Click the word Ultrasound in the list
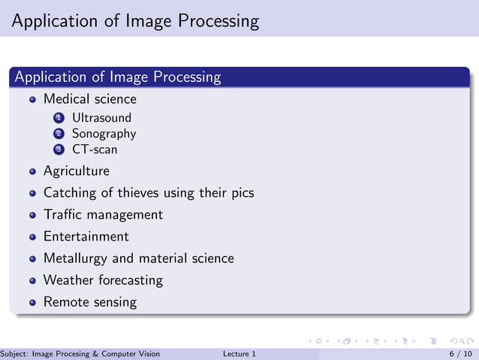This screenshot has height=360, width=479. [101, 118]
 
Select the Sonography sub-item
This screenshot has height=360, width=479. [104, 134]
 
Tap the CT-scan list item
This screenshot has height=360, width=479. [95, 150]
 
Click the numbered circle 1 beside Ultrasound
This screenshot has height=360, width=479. [59, 118]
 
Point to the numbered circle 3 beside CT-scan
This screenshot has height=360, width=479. [59, 150]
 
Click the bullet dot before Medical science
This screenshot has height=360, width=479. [32, 100]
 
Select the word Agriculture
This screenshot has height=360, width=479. [76, 171]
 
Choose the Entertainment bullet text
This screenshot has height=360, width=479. [86, 237]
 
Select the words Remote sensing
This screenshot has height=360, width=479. [90, 302]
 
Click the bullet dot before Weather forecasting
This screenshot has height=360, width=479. [32, 281]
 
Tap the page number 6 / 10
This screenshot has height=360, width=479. [460, 354]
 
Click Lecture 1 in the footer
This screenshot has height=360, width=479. [239, 354]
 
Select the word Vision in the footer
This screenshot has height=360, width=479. [147, 354]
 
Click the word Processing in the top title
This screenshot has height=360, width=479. [218, 20]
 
